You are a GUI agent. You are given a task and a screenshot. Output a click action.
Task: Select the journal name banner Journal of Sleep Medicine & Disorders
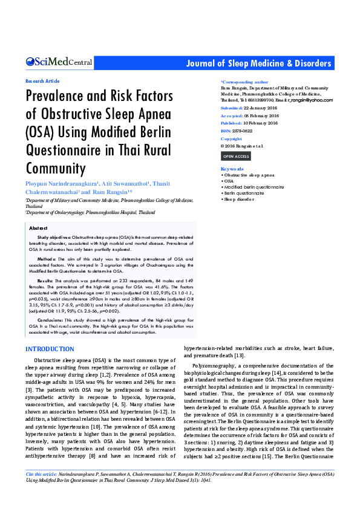tap(258, 63)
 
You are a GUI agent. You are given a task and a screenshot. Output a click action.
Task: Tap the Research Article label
tap(42, 80)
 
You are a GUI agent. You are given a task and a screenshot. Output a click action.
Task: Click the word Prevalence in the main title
tap(57, 97)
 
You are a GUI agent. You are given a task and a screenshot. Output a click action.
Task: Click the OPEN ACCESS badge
tap(236, 157)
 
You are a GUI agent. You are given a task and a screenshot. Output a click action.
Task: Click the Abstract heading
tap(38, 228)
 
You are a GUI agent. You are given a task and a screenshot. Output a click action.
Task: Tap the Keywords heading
tap(232, 169)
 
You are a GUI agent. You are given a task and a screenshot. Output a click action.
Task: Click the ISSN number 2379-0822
tap(244, 131)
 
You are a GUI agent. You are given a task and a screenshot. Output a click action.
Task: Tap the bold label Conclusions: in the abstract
tap(50, 319)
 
